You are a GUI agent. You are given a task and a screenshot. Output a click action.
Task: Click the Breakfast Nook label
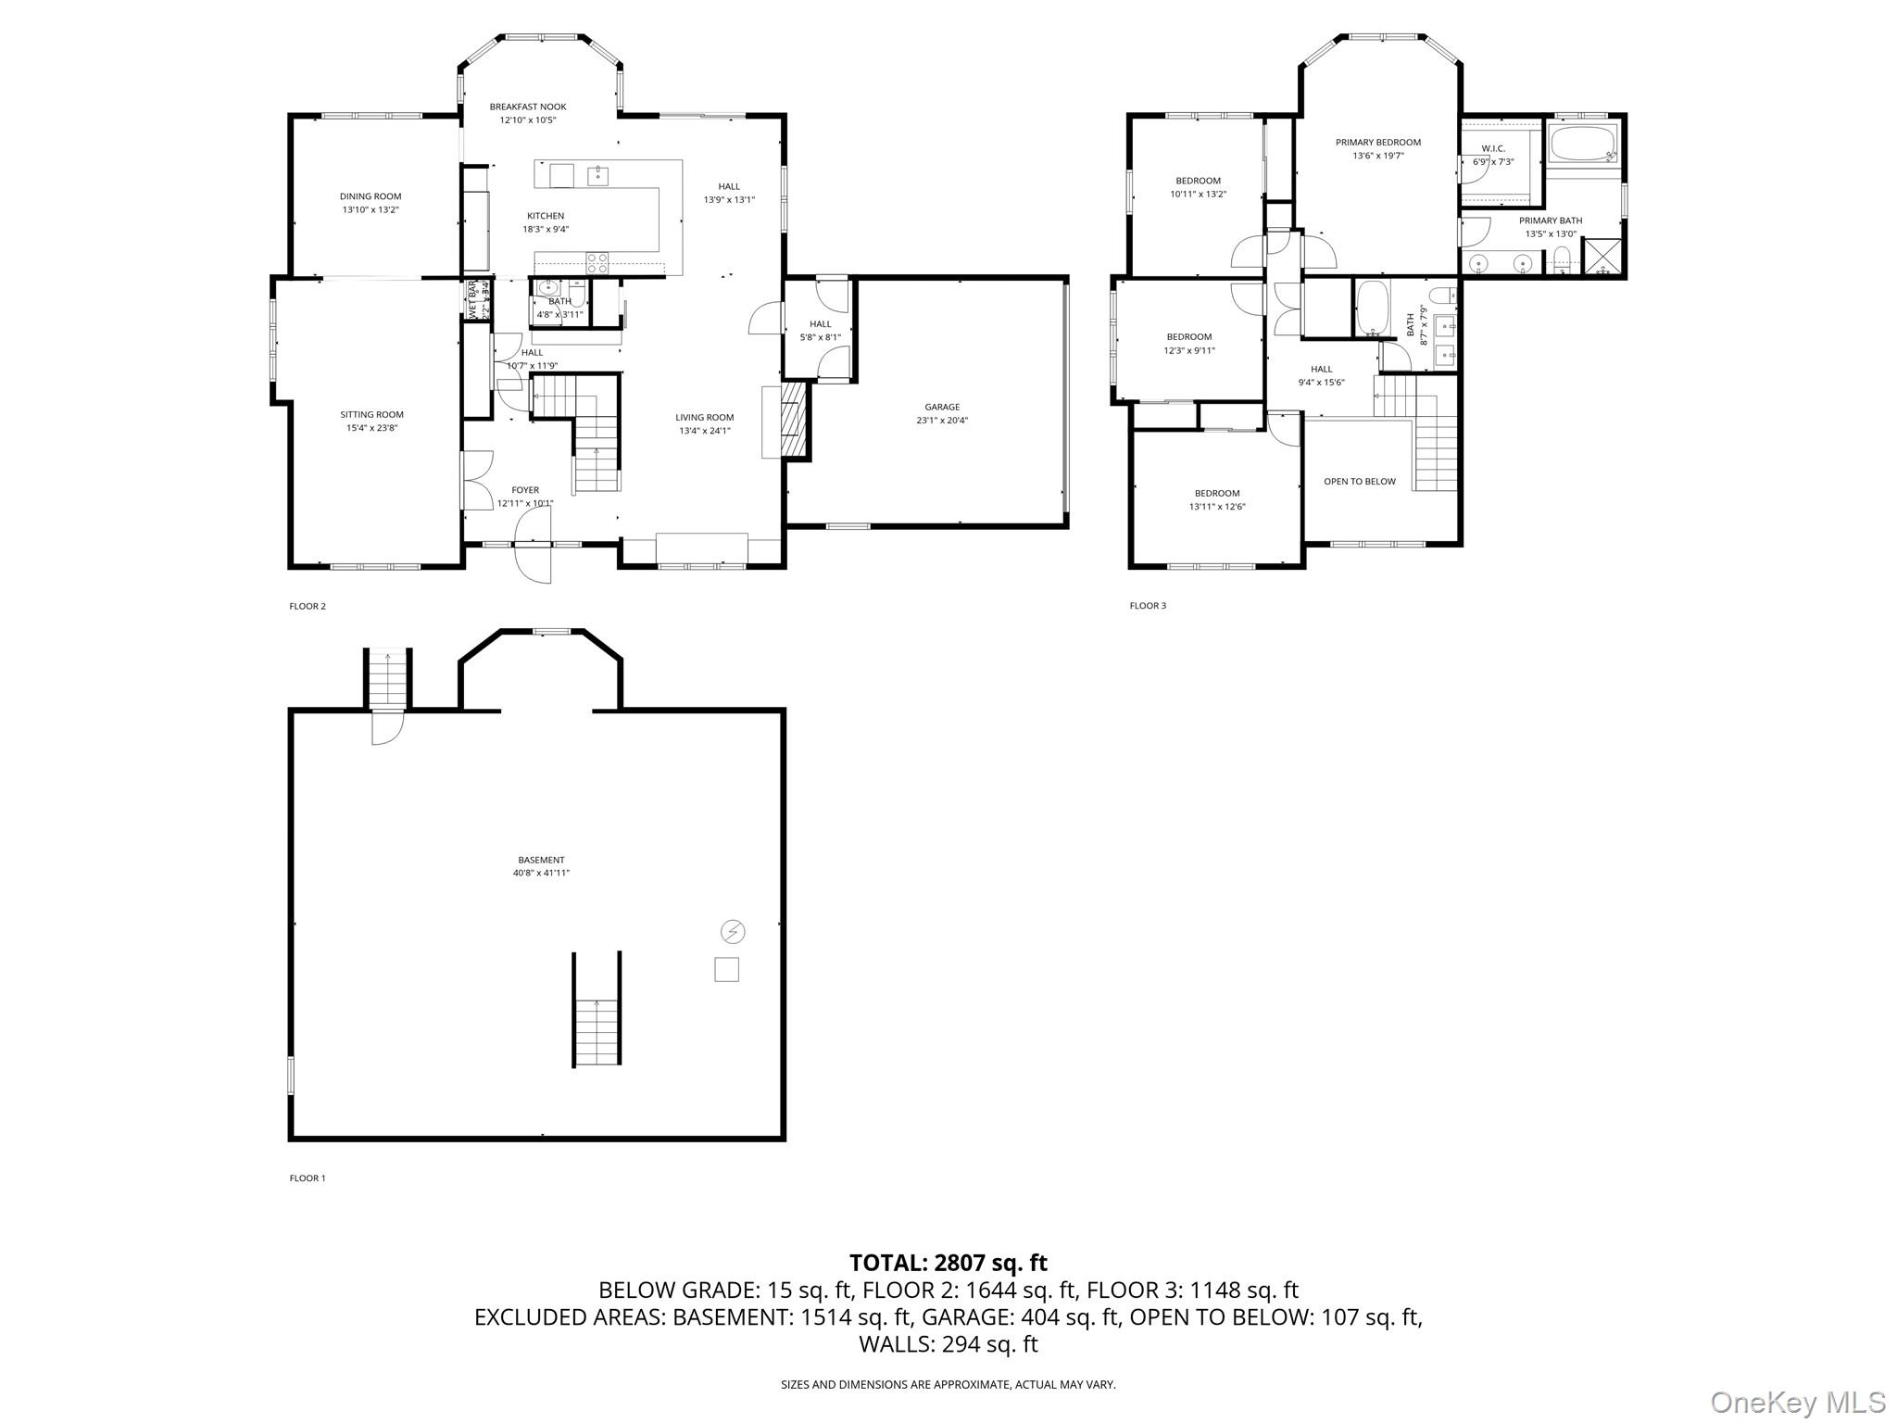528,107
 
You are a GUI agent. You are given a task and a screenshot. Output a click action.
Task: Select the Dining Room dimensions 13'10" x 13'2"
371,210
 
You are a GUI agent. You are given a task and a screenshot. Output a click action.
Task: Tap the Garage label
942,407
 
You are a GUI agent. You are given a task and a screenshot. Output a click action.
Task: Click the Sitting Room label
371,415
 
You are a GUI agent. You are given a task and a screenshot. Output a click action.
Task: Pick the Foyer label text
525,490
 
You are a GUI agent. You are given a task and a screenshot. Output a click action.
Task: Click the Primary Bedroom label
1377,143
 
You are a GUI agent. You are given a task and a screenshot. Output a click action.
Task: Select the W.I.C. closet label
1493,148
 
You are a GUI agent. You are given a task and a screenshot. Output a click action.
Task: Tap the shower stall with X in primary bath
1603,258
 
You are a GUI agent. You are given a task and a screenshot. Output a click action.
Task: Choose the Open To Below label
1359,482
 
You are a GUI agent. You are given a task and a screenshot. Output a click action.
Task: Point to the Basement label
541,860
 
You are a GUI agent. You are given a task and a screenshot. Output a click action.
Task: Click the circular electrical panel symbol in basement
733,931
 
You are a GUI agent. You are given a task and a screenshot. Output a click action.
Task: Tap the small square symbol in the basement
727,969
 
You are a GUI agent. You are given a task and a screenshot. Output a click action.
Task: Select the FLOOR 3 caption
1148,606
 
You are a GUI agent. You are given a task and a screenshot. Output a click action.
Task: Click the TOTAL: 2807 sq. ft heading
948,1263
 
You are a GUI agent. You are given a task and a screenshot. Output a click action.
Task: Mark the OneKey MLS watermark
1798,1403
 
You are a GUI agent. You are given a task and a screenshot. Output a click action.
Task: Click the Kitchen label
546,216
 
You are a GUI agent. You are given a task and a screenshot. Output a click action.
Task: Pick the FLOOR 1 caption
308,1178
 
